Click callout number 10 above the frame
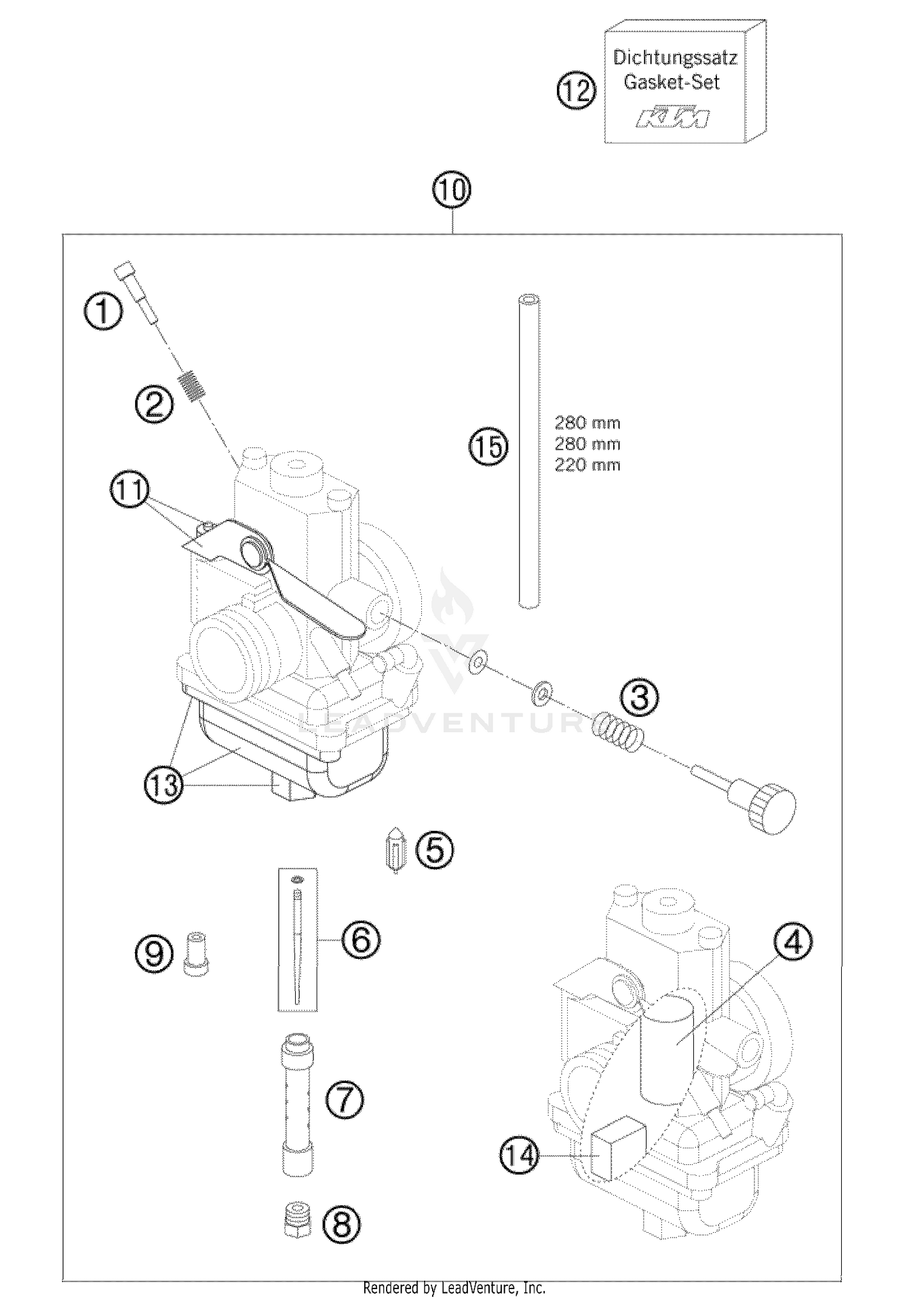tap(452, 190)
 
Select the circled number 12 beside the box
tap(576, 92)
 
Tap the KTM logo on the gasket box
tap(673, 118)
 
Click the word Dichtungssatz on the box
tap(674, 58)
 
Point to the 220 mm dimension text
tap(587, 465)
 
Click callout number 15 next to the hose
tap(488, 447)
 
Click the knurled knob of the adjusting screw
tap(771, 808)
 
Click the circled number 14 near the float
tap(519, 1156)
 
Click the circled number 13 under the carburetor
tap(164, 785)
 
